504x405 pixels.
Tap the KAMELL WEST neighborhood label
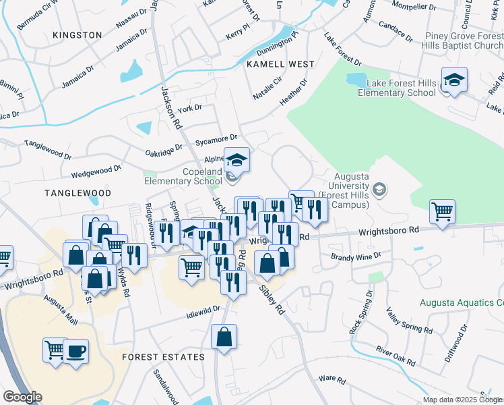pyautogui.click(x=280, y=64)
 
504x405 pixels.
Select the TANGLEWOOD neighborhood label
pyautogui.click(x=77, y=193)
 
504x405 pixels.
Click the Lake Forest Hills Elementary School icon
pyautogui.click(x=454, y=80)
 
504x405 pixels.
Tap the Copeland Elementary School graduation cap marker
pyautogui.click(x=236, y=161)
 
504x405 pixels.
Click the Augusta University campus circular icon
pyautogui.click(x=380, y=190)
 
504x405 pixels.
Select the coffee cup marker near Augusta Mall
pyautogui.click(x=75, y=352)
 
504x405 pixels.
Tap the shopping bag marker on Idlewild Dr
pyautogui.click(x=224, y=336)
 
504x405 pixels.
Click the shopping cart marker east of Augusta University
pyautogui.click(x=442, y=211)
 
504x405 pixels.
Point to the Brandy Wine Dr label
pyautogui.click(x=356, y=256)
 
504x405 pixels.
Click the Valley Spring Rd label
pyautogui.click(x=408, y=321)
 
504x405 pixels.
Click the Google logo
pyautogui.click(x=22, y=397)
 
